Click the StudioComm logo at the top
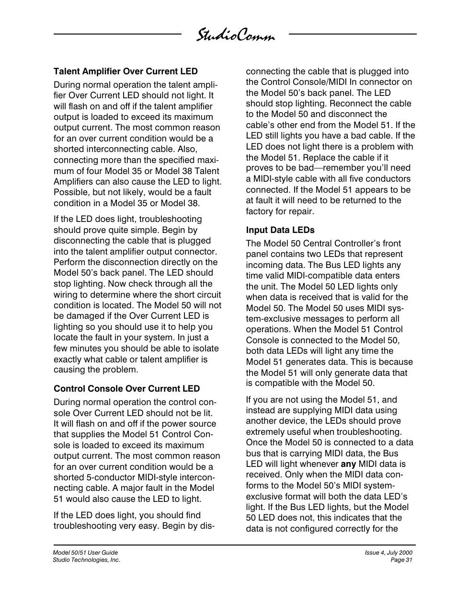[235, 36]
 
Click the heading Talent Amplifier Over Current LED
[126, 71]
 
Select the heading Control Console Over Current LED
[126, 389]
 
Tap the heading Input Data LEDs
[280, 230]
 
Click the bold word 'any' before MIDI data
[348, 464]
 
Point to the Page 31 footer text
[401, 560]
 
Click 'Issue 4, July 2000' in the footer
[388, 553]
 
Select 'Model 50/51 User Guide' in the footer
[85, 553]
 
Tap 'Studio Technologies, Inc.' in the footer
[86, 560]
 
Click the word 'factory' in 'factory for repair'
[259, 211]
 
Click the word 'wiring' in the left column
[66, 295]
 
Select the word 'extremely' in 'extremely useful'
[264, 432]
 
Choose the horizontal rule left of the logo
[117, 34]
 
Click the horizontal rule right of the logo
[353, 34]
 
